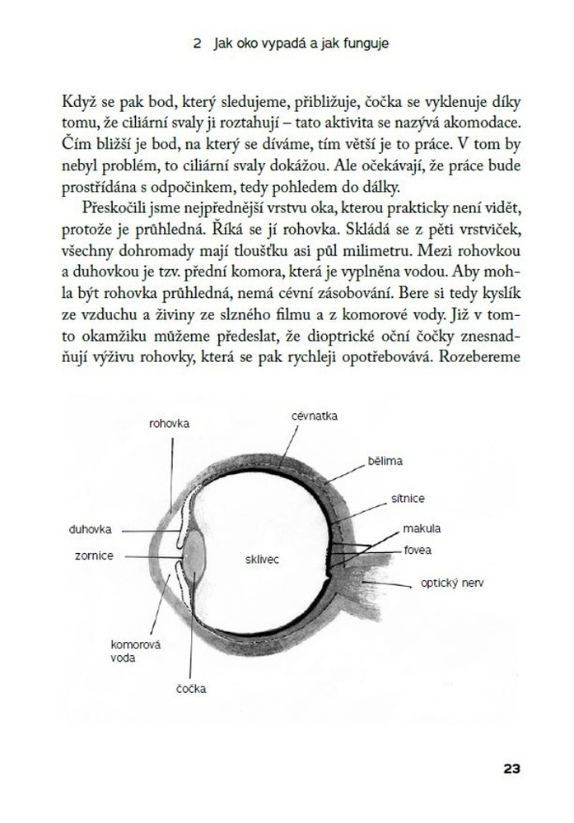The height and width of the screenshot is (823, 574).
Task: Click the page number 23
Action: (511, 770)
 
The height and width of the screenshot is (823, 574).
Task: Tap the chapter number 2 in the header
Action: (197, 47)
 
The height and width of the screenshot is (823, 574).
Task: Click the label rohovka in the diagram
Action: (170, 424)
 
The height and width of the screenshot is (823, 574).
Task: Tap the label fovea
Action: (418, 550)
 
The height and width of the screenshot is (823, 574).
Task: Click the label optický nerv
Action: (452, 583)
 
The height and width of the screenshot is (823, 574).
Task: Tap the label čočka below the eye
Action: (191, 687)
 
